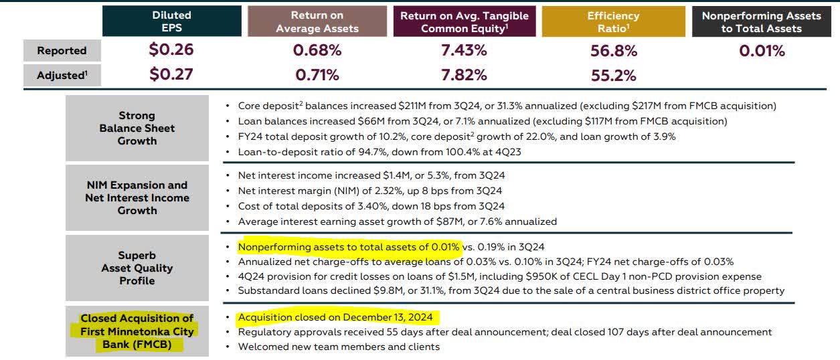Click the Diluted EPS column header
click(171, 21)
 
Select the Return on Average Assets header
click(317, 21)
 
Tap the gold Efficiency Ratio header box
click(613, 21)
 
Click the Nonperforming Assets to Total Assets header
click(761, 21)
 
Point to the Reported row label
click(62, 51)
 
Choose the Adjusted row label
click(62, 75)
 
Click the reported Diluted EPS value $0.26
click(171, 50)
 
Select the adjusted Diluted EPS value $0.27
click(171, 74)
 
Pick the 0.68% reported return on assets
click(317, 50)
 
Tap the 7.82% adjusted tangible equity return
click(464, 75)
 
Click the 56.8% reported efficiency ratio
click(613, 51)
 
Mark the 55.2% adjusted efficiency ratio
click(613, 75)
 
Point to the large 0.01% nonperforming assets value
click(762, 51)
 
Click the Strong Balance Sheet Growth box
click(137, 128)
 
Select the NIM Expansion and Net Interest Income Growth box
click(137, 197)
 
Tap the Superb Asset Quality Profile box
click(137, 268)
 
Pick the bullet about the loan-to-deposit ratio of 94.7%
click(380, 151)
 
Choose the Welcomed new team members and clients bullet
click(339, 347)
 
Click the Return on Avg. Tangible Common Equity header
click(464, 21)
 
